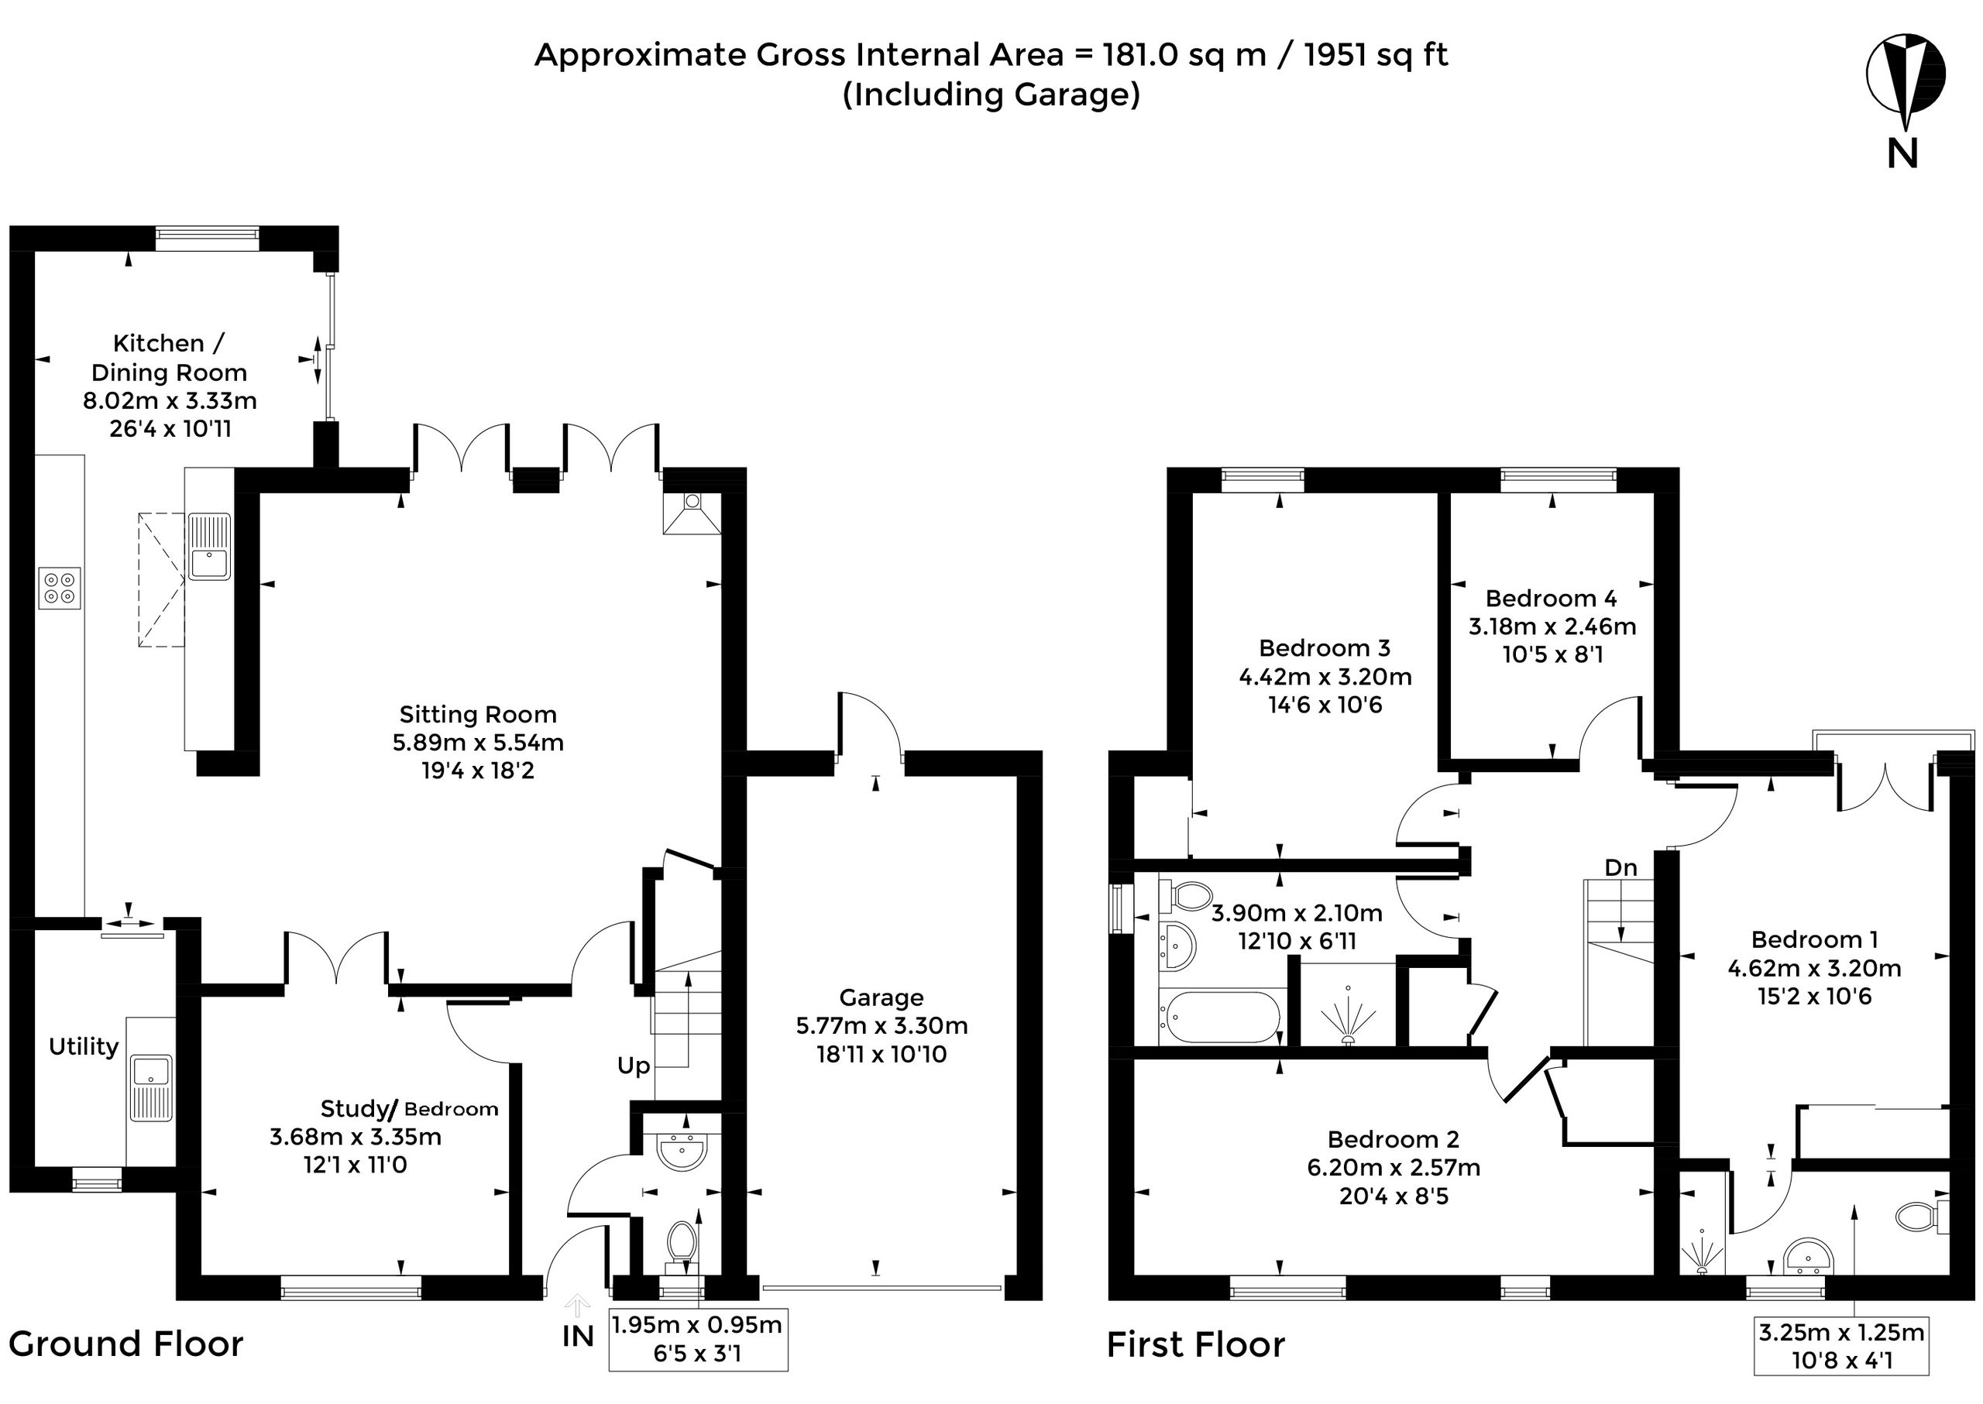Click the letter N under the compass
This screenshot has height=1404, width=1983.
1902,153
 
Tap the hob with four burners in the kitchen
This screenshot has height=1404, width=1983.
60,588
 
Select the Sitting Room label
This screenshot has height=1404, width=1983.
477,714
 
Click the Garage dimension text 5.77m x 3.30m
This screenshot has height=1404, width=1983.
882,1025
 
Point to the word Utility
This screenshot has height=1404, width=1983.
83,1047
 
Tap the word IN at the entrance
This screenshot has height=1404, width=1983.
578,1336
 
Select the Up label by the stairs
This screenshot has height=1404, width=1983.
633,1066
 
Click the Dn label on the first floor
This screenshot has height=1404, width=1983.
1620,867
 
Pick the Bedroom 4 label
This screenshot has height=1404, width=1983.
1552,599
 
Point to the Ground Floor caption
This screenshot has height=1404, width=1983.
126,1344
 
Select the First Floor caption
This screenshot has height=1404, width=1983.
1196,1345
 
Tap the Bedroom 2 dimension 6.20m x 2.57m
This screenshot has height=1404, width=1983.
1394,1167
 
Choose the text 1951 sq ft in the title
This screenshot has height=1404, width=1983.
1375,54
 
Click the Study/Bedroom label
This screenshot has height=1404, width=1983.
409,1108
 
